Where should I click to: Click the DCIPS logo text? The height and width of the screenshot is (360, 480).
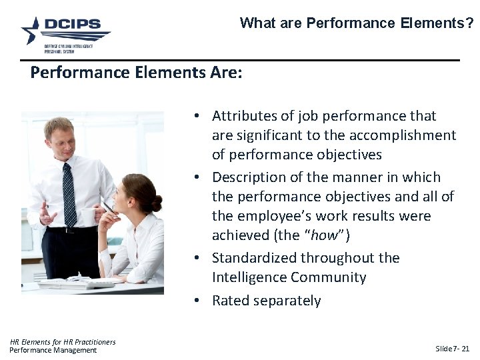[73, 25]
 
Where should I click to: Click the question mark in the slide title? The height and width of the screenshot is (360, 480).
[469, 23]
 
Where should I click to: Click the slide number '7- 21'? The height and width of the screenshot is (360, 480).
[461, 349]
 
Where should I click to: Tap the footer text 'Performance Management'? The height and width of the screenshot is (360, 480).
[53, 350]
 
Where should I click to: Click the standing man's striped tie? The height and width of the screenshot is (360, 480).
[69, 193]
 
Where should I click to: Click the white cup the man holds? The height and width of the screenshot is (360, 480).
[85, 216]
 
